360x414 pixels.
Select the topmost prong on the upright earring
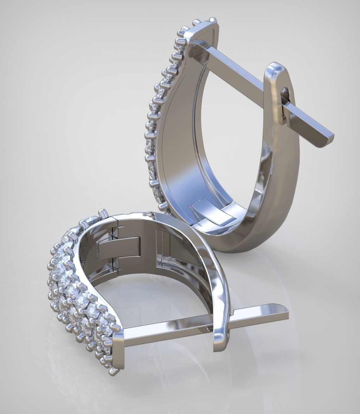point(212,20)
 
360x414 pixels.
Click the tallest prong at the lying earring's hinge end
point(104,213)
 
